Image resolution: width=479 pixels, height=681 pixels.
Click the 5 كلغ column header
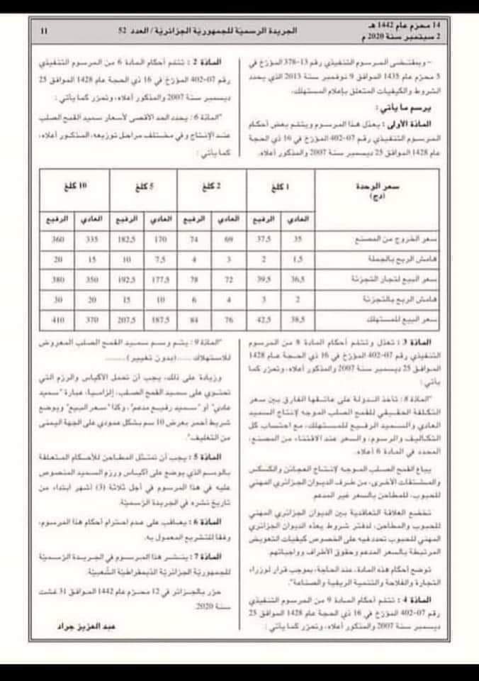coord(147,187)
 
